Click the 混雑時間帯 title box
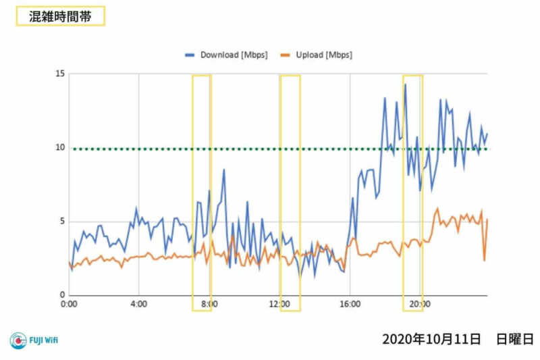(60, 16)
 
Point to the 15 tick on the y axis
(59, 74)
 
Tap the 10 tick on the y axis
(59, 148)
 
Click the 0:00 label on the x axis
(69, 305)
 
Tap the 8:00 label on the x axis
(209, 305)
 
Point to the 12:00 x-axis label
(279, 305)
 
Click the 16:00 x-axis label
(350, 305)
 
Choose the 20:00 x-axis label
(420, 305)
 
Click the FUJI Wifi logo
(34, 340)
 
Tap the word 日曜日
(515, 338)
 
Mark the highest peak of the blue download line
(405, 84)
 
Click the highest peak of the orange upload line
(437, 209)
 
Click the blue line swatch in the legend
(190, 55)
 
